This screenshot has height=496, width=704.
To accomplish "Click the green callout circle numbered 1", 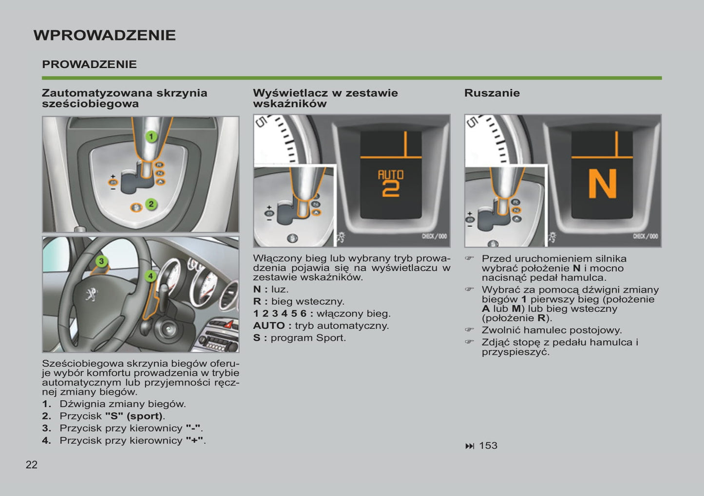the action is click(152, 137).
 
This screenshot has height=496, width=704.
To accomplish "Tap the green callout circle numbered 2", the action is click(151, 204).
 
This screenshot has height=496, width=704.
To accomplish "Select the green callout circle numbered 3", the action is click(101, 261).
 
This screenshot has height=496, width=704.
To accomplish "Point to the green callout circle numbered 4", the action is click(151, 276).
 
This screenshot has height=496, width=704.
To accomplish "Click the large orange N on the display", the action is click(602, 184).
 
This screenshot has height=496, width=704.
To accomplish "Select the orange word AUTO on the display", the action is click(391, 174).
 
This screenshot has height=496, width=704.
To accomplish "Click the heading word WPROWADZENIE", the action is click(105, 35).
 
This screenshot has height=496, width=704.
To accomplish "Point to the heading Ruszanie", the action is click(492, 93).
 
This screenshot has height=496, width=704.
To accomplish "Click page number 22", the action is click(32, 465).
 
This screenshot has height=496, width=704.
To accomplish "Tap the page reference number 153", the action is click(488, 445).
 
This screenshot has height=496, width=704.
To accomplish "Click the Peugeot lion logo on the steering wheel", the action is click(92, 294).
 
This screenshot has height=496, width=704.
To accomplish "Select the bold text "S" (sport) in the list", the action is click(134, 416).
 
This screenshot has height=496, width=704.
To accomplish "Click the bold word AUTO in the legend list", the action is click(269, 326).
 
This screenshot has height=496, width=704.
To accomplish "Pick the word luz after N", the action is click(280, 289).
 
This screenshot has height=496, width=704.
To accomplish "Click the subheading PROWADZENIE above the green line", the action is click(89, 64).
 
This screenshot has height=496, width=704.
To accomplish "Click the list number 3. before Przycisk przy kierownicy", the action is click(46, 428).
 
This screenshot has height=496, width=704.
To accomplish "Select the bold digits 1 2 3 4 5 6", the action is click(280, 313).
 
